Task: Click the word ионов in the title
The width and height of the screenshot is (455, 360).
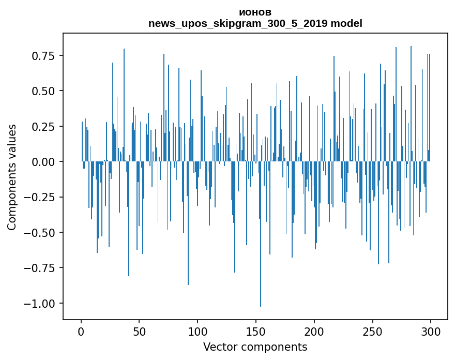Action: point(255,12)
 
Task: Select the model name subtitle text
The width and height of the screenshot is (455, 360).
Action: point(255,23)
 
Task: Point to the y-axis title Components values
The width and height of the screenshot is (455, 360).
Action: point(12,177)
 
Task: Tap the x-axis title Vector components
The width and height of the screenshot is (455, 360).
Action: point(255,347)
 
